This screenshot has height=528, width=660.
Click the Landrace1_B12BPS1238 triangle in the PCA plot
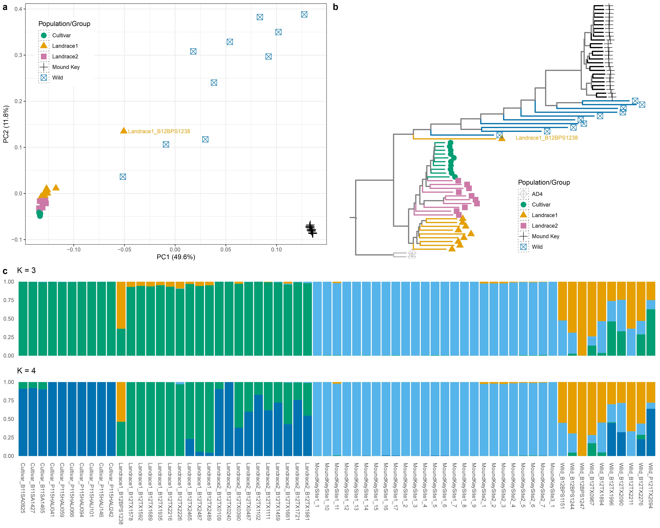click(x=123, y=131)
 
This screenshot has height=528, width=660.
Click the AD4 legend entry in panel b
click(x=537, y=194)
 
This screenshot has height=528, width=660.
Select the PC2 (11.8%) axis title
click(x=6, y=124)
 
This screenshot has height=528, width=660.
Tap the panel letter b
click(x=336, y=7)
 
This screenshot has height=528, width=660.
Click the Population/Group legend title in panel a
click(x=64, y=24)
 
